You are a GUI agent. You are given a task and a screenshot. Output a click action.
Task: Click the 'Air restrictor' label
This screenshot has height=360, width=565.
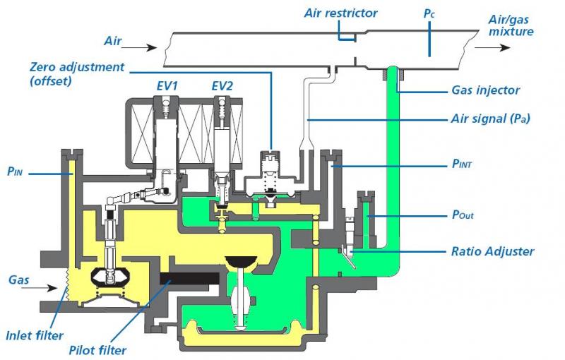[340, 13]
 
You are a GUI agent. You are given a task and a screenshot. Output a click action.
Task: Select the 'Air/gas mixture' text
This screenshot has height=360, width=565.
[511, 25]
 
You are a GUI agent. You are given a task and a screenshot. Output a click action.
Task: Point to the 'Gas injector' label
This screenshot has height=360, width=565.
[485, 90]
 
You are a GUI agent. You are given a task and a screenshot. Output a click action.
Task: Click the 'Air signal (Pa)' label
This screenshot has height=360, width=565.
[489, 119]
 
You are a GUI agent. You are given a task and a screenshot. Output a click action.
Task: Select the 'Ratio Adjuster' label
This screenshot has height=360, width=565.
[492, 251]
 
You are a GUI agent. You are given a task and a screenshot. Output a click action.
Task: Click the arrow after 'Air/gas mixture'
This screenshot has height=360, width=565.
[490, 48]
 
